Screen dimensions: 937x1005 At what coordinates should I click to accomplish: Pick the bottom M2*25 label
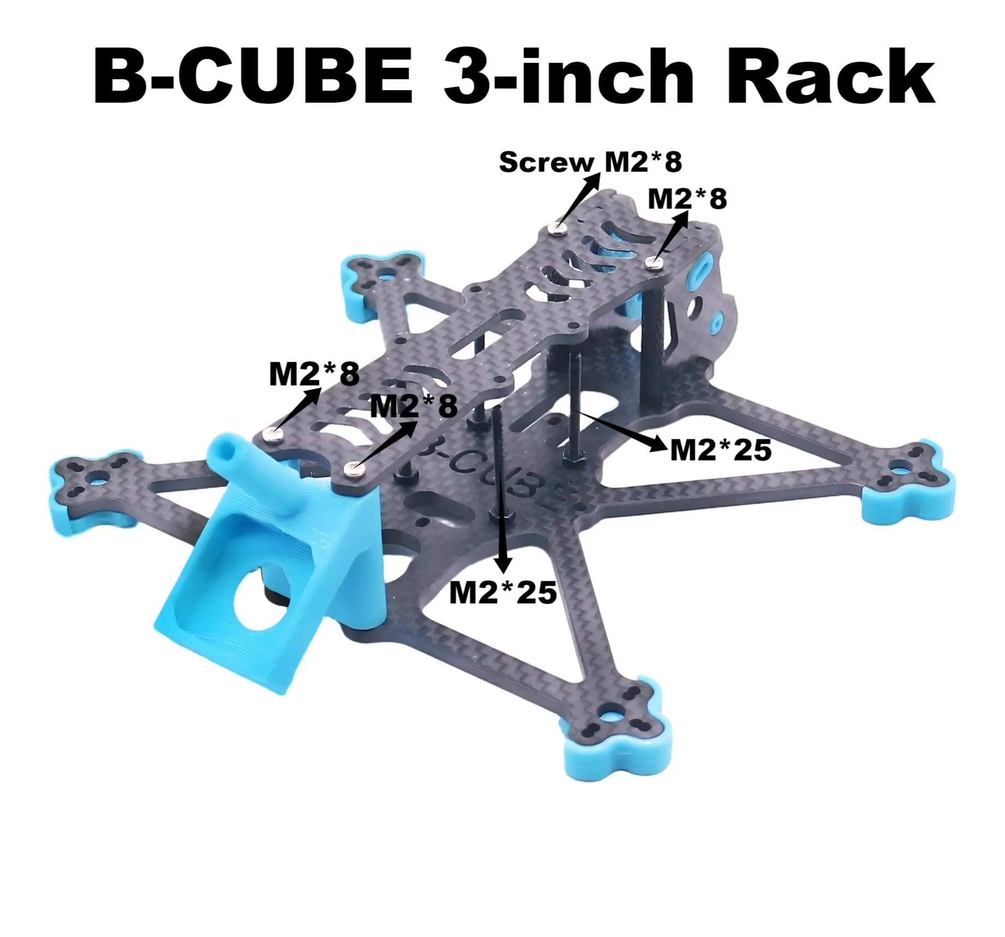[503, 592]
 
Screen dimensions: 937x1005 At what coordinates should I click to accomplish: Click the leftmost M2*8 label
[314, 374]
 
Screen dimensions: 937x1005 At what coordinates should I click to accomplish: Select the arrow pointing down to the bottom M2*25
[500, 518]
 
